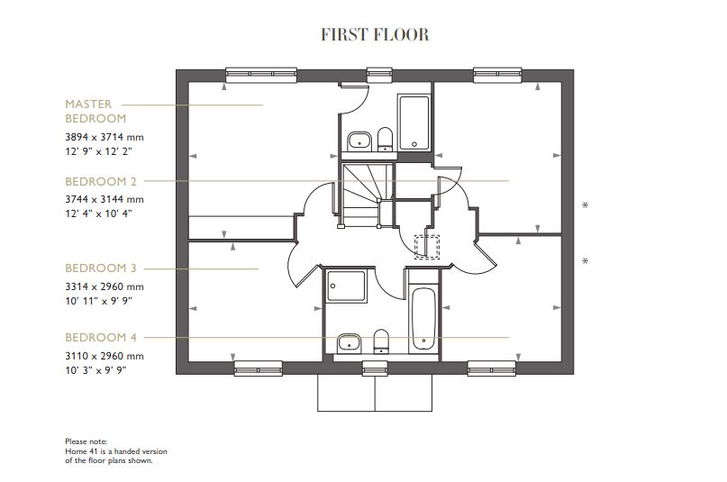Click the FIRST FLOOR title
(375, 35)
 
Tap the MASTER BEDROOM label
(95, 111)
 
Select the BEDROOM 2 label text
(101, 181)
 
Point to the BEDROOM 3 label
(101, 268)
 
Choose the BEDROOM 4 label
(101, 338)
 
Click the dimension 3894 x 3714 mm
(105, 137)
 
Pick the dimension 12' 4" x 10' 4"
(99, 214)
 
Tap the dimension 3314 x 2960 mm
(105, 286)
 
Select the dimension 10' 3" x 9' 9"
(95, 370)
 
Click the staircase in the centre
(365, 195)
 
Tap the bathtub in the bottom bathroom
(423, 320)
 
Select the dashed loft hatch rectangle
(425, 246)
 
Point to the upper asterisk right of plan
(586, 206)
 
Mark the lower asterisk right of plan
(586, 262)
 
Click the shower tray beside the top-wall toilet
(414, 123)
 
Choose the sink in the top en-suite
(359, 140)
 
